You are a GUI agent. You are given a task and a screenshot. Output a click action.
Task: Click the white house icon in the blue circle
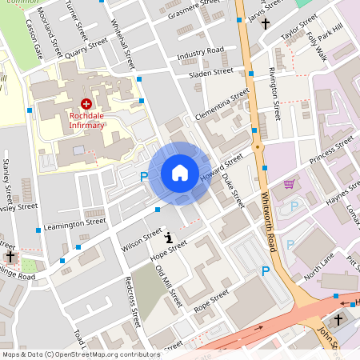180,173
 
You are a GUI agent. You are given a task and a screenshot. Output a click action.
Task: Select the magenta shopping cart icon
289,185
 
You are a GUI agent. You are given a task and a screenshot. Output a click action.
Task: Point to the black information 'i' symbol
169,237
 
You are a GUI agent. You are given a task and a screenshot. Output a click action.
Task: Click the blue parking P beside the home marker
145,177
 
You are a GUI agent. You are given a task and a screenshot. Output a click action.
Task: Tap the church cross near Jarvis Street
266,23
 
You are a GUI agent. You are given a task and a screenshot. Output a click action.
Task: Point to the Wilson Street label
137,239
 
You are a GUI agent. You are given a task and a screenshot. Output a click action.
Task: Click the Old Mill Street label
169,287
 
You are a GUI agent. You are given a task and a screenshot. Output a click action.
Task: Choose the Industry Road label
201,52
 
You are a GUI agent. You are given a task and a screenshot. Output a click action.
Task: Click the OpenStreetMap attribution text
80,354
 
